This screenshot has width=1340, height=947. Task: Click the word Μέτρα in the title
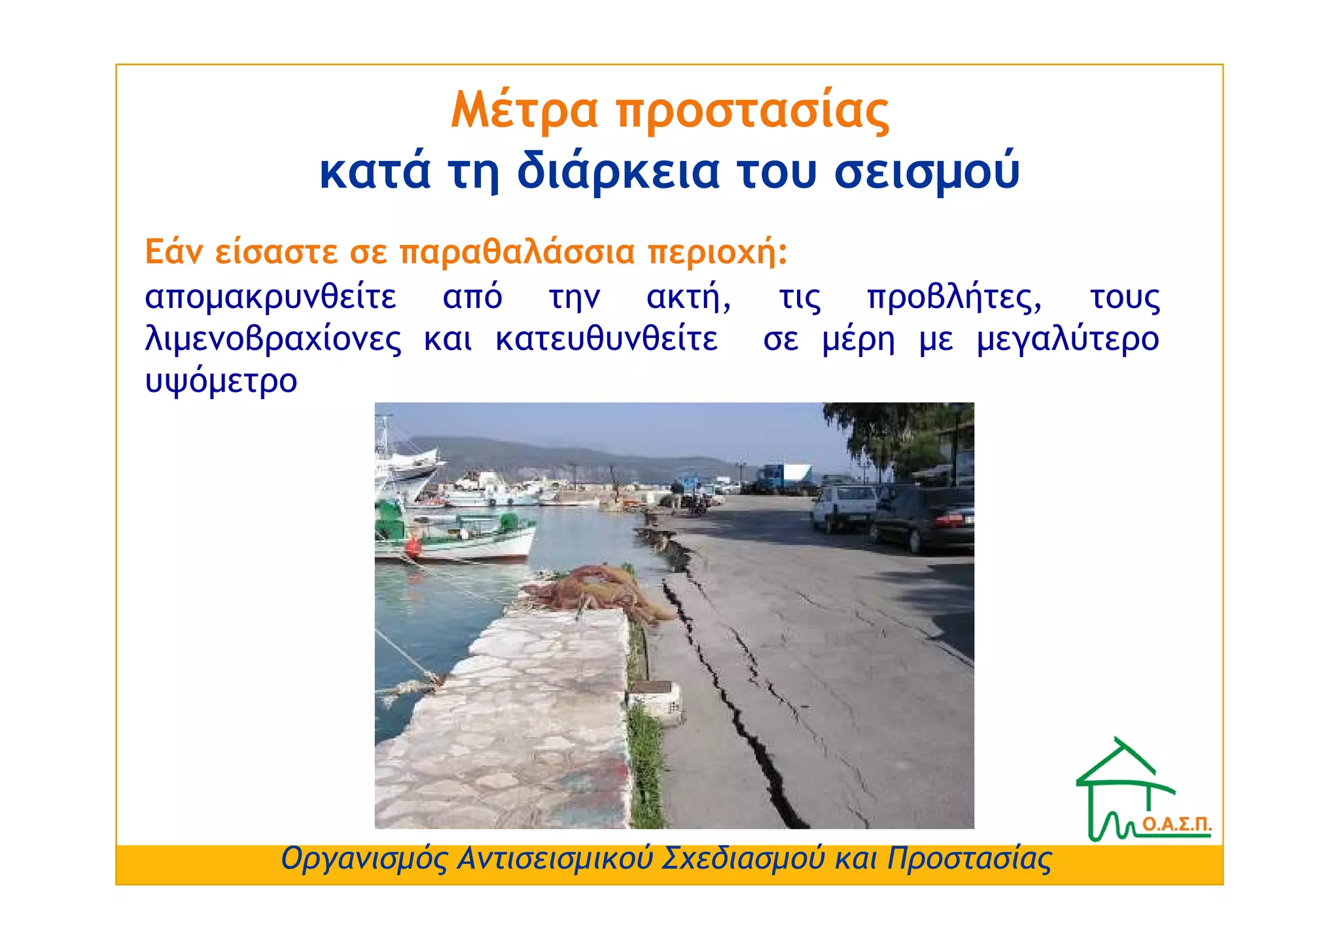tap(524, 110)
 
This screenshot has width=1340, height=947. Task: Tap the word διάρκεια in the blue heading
tap(618, 171)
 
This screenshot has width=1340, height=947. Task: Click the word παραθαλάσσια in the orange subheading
tap(517, 252)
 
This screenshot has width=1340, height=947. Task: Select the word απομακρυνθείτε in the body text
tap(270, 298)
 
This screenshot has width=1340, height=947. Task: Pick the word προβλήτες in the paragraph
tap(954, 298)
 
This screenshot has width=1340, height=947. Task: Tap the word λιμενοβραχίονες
tap(273, 339)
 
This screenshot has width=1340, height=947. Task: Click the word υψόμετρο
tap(220, 381)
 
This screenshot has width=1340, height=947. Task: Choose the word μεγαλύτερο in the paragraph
tap(1068, 339)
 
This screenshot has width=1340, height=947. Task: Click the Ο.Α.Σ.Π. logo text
tap(1176, 825)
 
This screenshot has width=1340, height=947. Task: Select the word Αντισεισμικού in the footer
tap(555, 859)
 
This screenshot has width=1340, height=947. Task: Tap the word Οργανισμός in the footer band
tap(364, 859)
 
